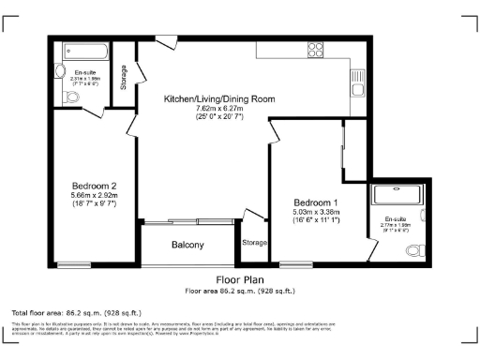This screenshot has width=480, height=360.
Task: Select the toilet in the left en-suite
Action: click(x=74, y=94)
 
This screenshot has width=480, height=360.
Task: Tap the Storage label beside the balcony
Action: click(x=253, y=243)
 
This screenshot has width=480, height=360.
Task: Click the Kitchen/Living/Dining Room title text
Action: click(x=219, y=98)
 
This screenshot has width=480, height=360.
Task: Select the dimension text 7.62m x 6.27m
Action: click(x=219, y=108)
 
